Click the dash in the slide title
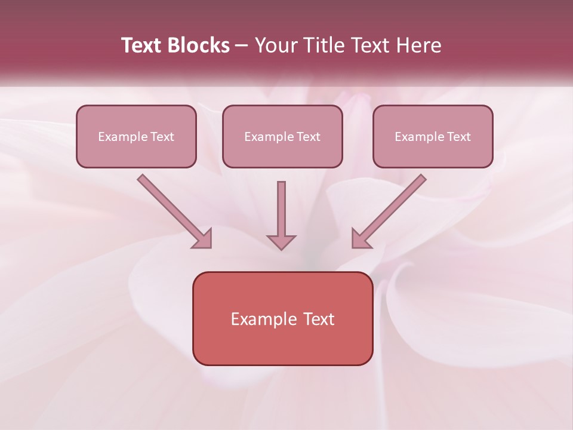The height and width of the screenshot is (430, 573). pos(242,46)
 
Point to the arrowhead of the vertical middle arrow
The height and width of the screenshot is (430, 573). pos(281,241)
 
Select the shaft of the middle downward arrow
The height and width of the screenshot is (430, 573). pos(281,206)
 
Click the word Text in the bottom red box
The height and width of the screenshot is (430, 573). pos(319,319)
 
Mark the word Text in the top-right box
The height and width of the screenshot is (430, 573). pos(459,137)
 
